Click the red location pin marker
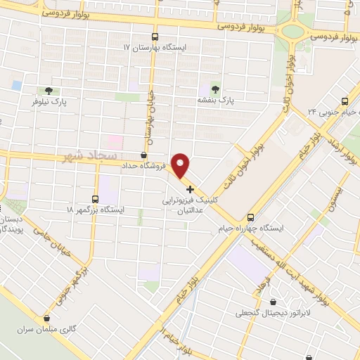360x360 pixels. pos(181,166)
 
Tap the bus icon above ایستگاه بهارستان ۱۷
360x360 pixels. pos(155,37)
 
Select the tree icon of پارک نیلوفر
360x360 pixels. pos(48,91)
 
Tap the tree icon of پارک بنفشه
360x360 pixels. pos(215,89)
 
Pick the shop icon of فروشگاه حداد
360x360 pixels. pos(144,155)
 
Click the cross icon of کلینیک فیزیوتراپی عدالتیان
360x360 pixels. pos(190,188)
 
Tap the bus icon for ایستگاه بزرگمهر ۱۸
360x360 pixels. pos(96,199)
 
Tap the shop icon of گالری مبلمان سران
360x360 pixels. pos(47,318)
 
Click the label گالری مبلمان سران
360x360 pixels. pos(47,328)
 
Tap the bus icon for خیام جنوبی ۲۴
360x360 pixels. pos(345,101)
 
